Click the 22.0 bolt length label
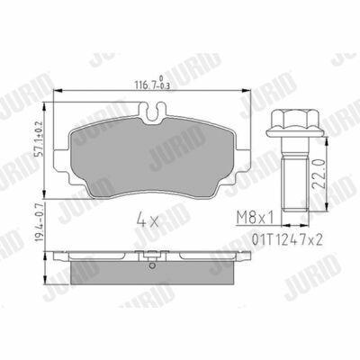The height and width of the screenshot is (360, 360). pyautogui.click(x=319, y=174)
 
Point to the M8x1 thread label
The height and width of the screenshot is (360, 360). pyautogui.click(x=256, y=218)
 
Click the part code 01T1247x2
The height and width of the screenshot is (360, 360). pyautogui.click(x=287, y=239)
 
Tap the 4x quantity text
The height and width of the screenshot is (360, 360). pyautogui.click(x=147, y=220)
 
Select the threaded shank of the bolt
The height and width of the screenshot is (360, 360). pyautogui.click(x=294, y=185)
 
